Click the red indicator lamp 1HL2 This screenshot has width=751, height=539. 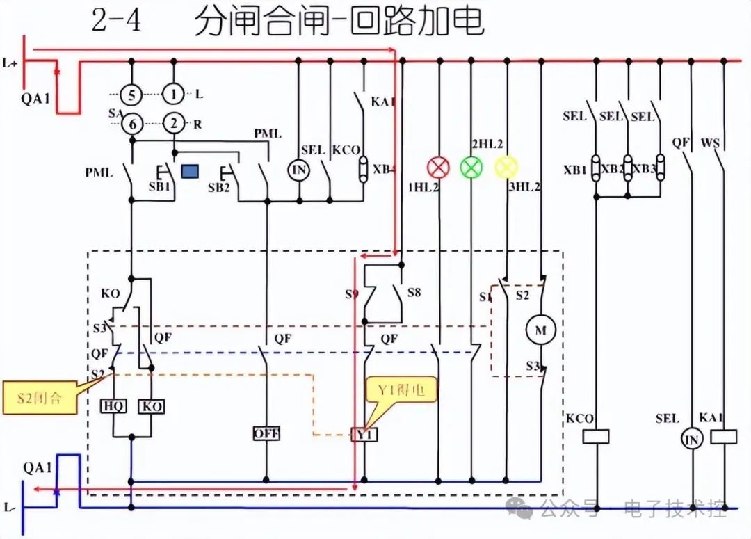438,167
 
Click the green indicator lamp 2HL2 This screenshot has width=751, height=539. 471,167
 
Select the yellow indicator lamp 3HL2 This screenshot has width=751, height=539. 506,167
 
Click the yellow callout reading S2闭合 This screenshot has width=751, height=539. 39,399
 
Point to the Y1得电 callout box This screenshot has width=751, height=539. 402,391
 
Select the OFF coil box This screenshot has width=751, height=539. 266,433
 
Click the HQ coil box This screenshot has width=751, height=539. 113,406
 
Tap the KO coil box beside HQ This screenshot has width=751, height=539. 151,406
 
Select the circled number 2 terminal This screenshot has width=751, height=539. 173,124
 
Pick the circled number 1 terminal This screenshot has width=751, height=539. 173,93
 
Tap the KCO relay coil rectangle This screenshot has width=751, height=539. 595,436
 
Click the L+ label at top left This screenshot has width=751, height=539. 10,63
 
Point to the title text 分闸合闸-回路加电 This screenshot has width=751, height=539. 339,22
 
